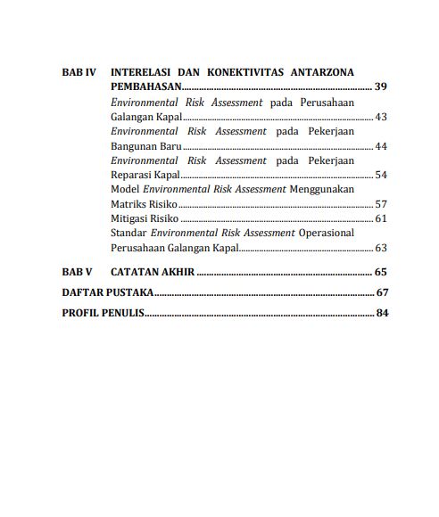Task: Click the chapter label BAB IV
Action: point(79,72)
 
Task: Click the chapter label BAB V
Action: point(77,272)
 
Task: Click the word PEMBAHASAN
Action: point(146,87)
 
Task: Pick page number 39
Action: point(380,87)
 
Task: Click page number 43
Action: point(381,117)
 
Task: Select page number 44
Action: point(381,146)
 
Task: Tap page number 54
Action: point(381,175)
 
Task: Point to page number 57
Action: point(381,204)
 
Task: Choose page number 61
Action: point(381,218)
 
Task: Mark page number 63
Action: point(381,248)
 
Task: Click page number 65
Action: point(380,272)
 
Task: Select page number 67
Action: point(381,292)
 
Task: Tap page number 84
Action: point(381,313)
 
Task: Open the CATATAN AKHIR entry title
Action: point(152,272)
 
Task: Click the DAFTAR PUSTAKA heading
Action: point(108,292)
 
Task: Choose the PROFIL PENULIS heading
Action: point(104,313)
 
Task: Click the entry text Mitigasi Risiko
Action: point(145,218)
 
